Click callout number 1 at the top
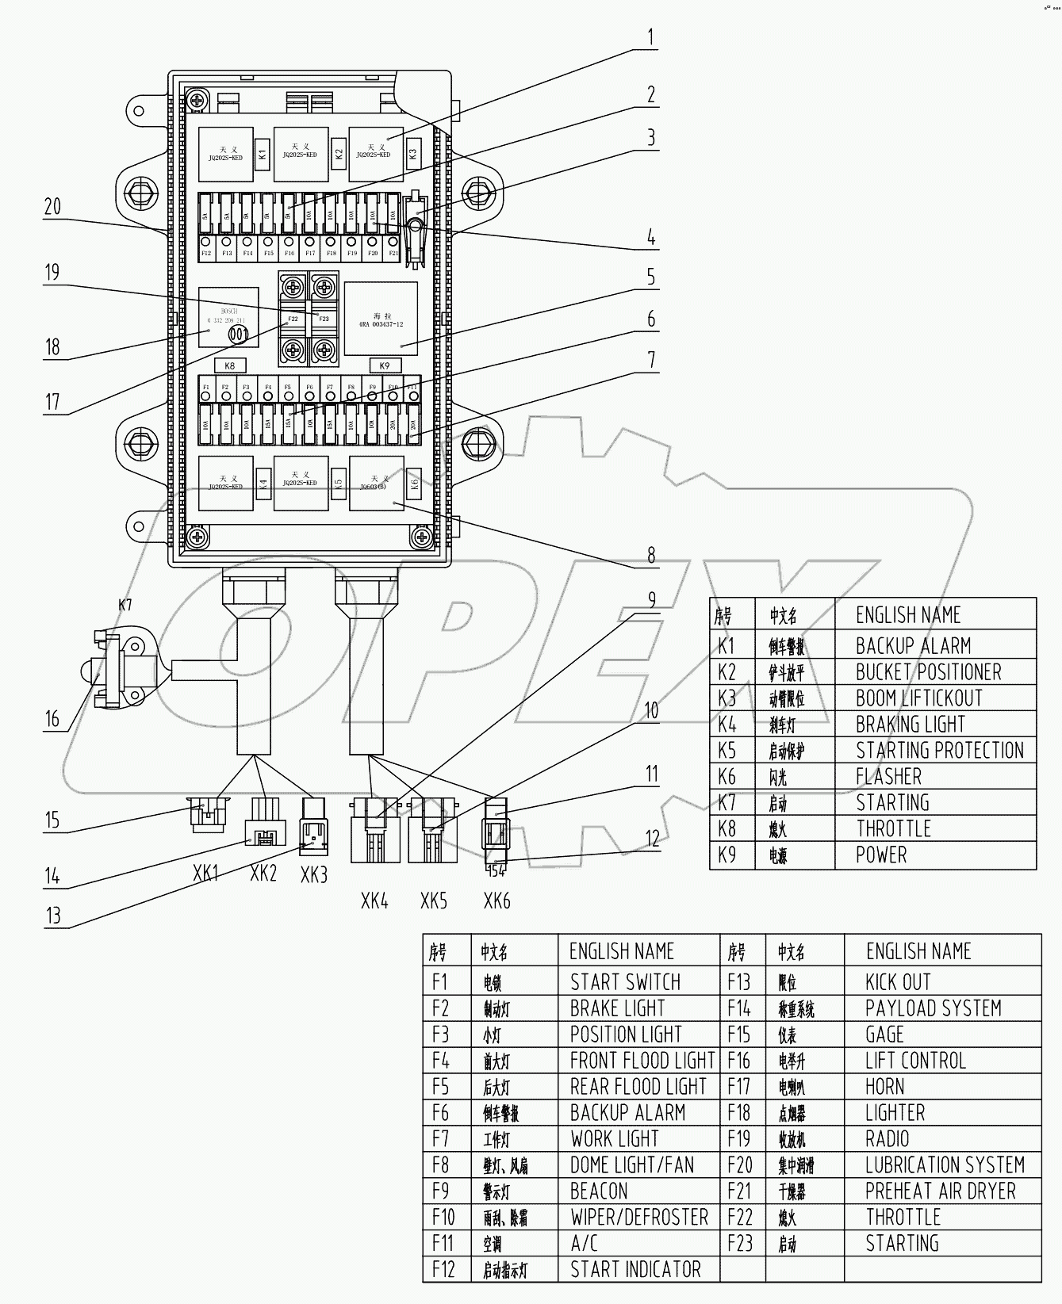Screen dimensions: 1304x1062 650,38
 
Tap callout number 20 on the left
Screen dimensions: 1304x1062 52,207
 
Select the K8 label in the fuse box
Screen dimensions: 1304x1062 230,365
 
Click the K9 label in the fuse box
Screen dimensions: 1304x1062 385,365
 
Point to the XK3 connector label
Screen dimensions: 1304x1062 314,875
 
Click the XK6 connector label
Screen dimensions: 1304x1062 496,901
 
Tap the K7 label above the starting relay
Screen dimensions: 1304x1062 125,605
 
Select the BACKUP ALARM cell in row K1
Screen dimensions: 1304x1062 913,646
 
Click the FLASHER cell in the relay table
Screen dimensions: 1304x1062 888,777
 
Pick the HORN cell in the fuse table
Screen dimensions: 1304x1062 884,1087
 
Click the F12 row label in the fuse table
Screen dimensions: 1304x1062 443,1270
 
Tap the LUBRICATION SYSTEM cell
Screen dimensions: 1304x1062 945,1165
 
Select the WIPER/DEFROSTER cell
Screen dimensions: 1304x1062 639,1218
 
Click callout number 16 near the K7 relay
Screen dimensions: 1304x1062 52,719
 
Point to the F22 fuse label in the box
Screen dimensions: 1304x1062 293,319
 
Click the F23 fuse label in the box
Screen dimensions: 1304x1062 324,319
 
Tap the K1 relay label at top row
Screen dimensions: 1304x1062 263,151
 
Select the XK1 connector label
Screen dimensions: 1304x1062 205,874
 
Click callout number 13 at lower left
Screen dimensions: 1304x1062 52,916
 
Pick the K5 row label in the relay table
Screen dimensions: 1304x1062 727,751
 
